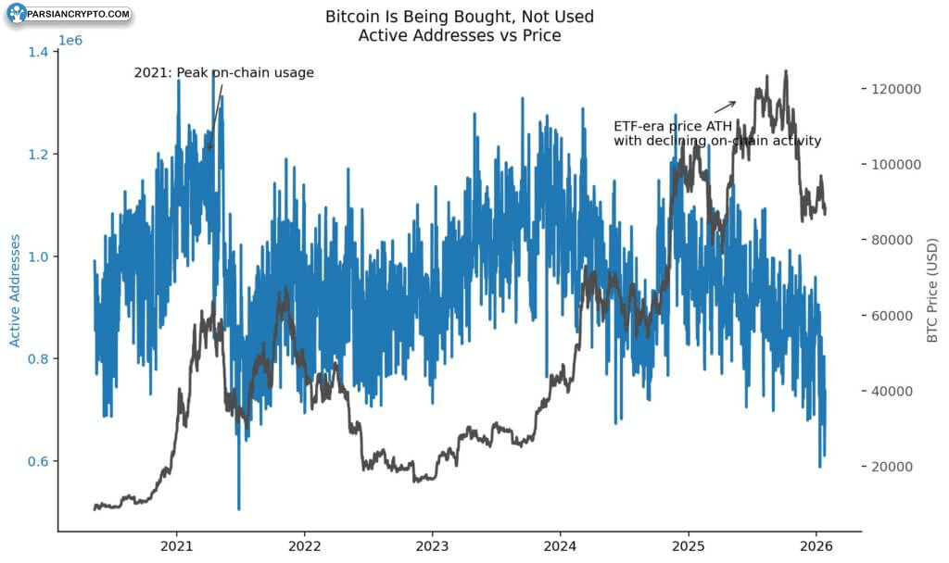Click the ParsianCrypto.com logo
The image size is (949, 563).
click(69, 13)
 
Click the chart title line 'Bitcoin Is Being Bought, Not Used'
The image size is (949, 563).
click(460, 17)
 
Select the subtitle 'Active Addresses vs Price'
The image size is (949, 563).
click(460, 35)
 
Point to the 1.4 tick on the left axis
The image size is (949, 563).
click(37, 52)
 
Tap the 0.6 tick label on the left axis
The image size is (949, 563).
click(37, 461)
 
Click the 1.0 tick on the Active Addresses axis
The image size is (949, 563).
click(37, 256)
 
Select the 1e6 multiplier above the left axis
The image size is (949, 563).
click(70, 41)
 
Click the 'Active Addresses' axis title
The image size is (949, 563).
click(15, 291)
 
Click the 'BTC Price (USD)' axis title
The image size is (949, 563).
click(932, 290)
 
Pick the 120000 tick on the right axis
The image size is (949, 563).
click(896, 89)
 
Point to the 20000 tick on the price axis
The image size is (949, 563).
click(892, 467)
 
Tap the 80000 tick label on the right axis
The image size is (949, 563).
click(892, 240)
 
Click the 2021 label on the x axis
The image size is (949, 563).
click(176, 546)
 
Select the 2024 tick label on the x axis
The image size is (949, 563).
click(560, 546)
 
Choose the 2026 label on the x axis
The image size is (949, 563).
click(816, 546)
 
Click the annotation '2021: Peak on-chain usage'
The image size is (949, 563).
click(224, 72)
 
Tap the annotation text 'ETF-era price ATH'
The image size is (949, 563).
click(673, 126)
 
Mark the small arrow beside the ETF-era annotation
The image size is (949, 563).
click(725, 107)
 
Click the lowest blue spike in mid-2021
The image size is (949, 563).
click(238, 509)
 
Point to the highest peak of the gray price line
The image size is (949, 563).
click(786, 71)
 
